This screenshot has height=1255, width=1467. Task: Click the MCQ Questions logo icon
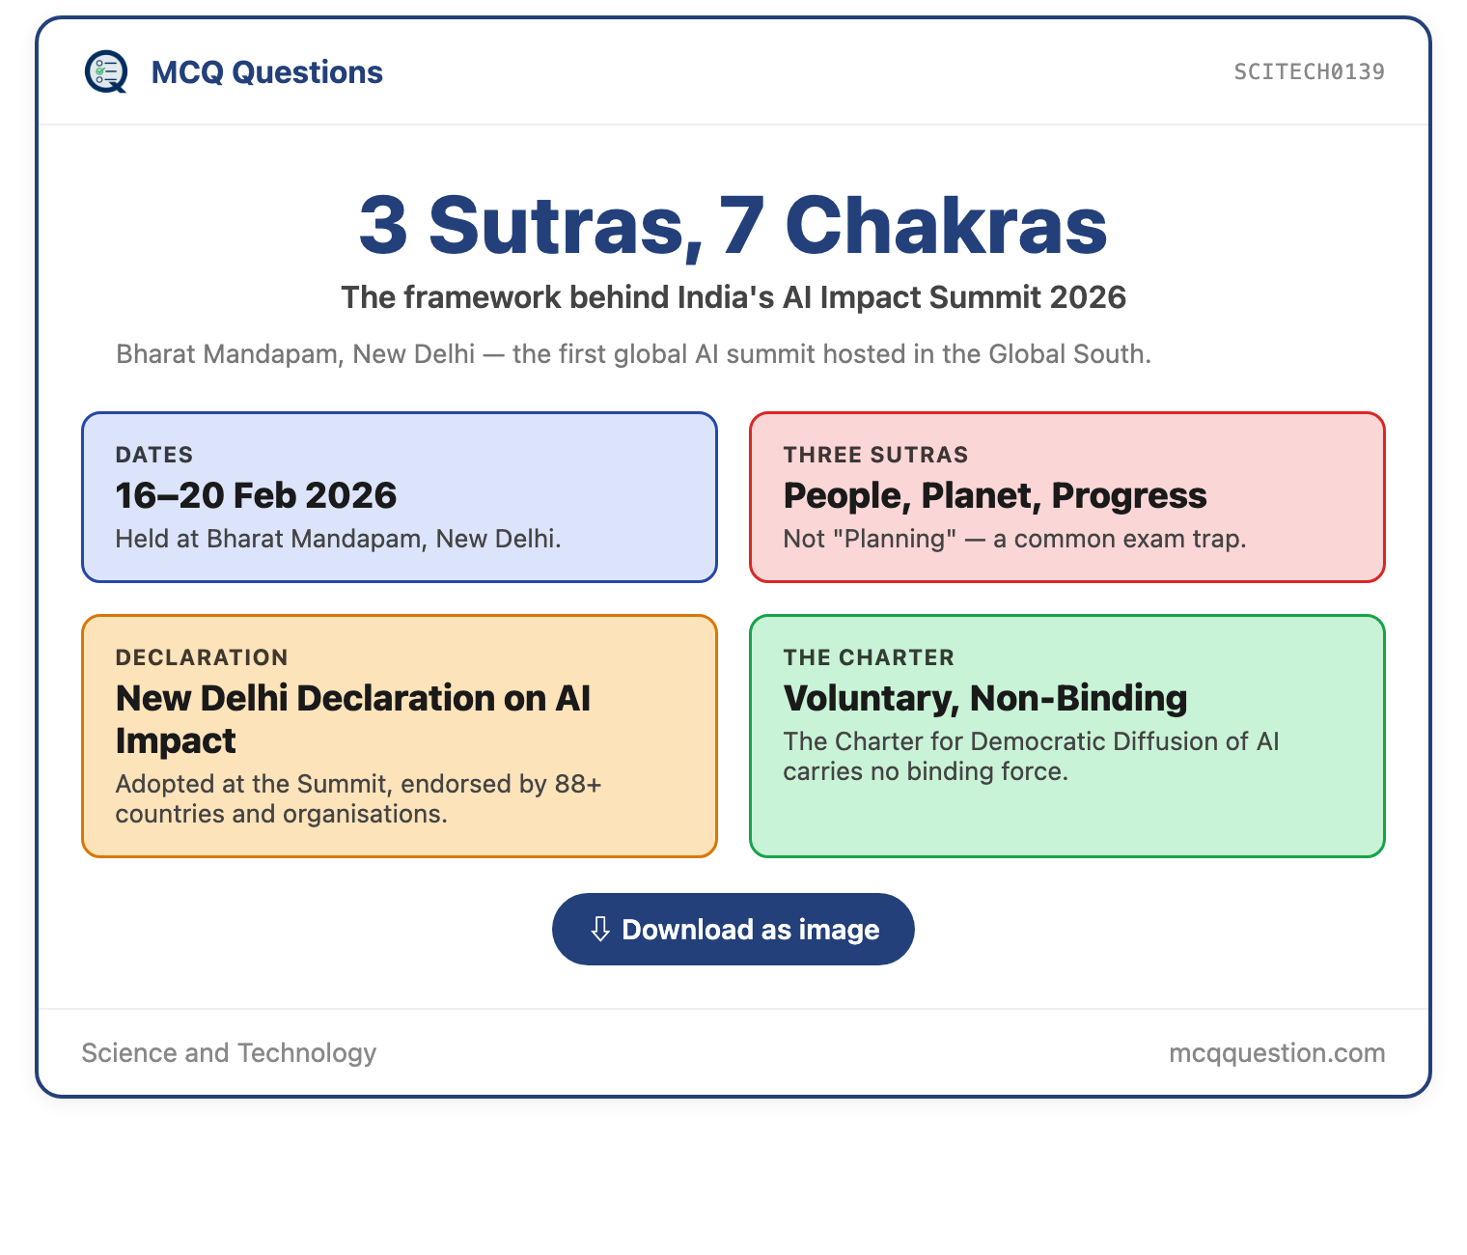click(x=106, y=71)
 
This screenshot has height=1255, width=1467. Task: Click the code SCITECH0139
click(x=1309, y=71)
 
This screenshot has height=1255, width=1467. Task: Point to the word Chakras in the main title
click(x=946, y=226)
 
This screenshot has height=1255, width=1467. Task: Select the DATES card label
click(x=154, y=455)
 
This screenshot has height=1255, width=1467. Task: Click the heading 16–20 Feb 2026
click(x=256, y=494)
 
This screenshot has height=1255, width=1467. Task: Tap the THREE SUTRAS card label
click(x=875, y=455)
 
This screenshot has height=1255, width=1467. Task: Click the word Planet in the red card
click(x=981, y=495)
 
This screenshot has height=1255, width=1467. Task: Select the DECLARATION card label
click(x=202, y=657)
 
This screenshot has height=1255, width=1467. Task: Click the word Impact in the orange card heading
click(x=176, y=741)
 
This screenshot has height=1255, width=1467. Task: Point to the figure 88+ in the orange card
click(x=578, y=784)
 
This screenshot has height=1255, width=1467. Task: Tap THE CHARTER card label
click(x=869, y=657)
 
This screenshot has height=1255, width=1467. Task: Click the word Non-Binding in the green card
click(x=1078, y=698)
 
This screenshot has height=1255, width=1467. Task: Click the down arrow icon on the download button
click(x=600, y=929)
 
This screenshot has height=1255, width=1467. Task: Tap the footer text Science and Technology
click(x=229, y=1052)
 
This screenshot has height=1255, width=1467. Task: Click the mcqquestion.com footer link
click(x=1277, y=1053)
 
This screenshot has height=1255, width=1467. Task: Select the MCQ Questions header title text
click(x=266, y=72)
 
